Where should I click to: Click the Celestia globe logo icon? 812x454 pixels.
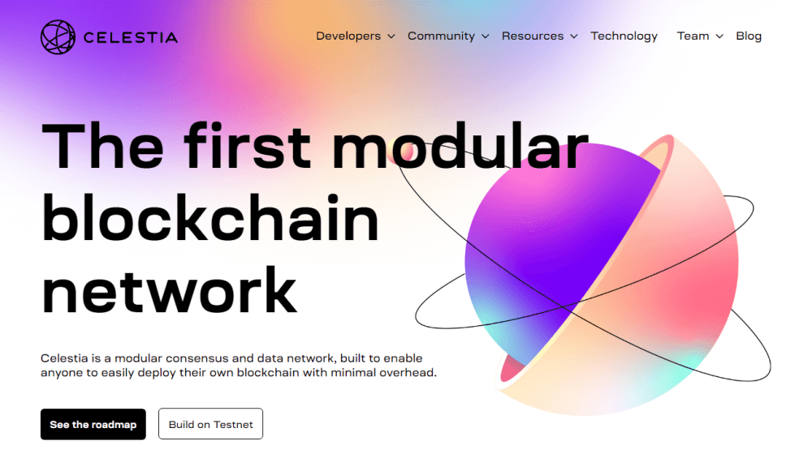pos(58,37)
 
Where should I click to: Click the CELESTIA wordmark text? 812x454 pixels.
pos(131,38)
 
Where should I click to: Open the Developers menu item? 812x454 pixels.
pos(348,36)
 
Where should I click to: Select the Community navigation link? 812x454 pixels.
pos(441,36)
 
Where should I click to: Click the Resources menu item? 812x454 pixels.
pos(533,36)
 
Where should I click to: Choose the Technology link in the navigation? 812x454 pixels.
pos(624,36)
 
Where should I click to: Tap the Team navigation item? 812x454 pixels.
pos(693,36)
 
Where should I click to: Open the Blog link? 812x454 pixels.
pos(749,36)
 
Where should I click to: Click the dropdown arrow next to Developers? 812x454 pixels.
pos(391,36)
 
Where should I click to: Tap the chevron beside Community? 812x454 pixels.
pos(486,36)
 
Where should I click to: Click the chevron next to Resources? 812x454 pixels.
pos(574,36)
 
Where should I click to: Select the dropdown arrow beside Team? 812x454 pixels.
pos(719,36)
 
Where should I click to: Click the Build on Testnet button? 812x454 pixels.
pos(211,424)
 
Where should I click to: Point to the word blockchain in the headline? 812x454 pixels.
pos(210,218)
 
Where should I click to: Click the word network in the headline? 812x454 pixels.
pos(170,289)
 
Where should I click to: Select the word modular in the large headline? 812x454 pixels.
pos(460,145)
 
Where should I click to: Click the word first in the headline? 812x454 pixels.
pos(248,145)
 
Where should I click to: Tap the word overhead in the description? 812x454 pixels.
pos(408,373)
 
